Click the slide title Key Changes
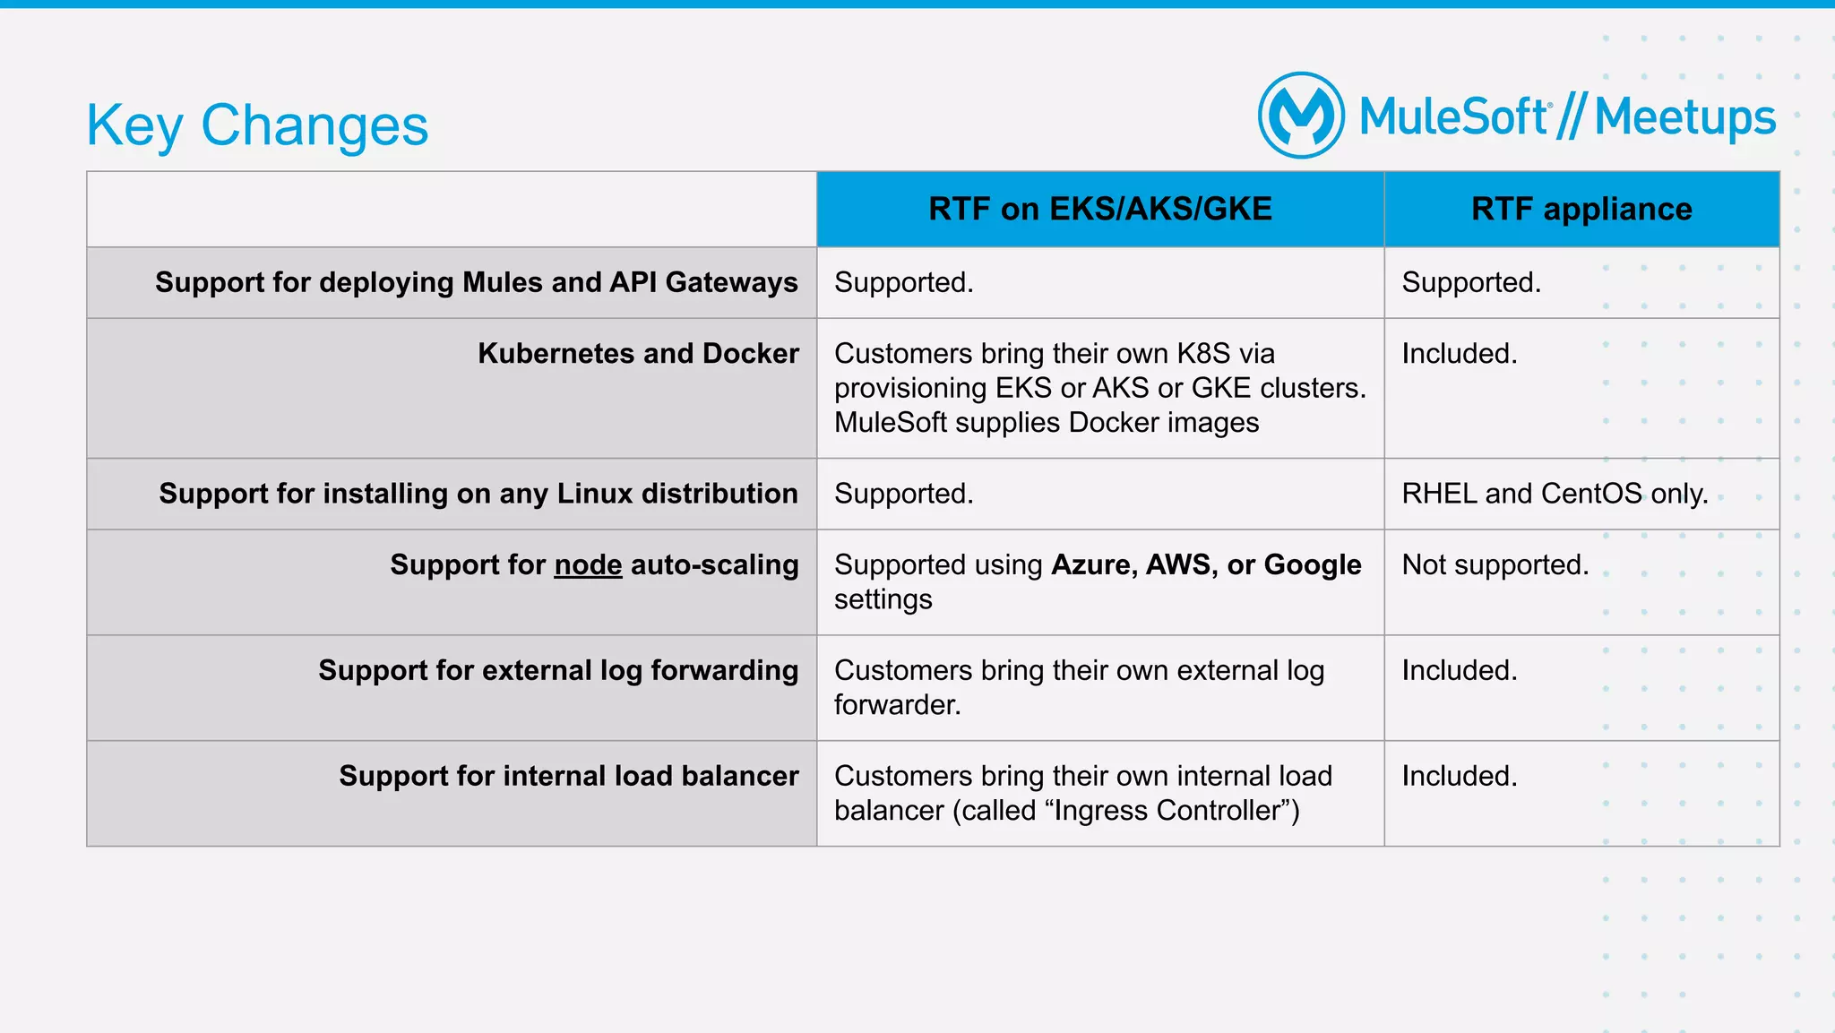tap(257, 125)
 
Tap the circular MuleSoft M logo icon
tap(1301, 116)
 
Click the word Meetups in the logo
tap(1684, 117)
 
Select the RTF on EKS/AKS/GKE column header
tap(1099, 209)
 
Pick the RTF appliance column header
tap(1581, 209)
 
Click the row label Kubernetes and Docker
tap(638, 353)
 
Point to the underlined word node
tap(588, 564)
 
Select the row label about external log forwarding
tap(558, 670)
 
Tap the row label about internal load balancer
tap(568, 776)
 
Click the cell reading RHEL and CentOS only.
tap(1555, 494)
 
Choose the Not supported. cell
tap(1495, 564)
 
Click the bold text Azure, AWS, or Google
tap(1206, 564)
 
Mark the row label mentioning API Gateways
tap(476, 282)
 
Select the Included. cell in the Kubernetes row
tap(1459, 353)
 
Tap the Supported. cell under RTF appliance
tap(1470, 282)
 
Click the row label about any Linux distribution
tap(478, 494)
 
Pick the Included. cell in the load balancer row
tap(1459, 776)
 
